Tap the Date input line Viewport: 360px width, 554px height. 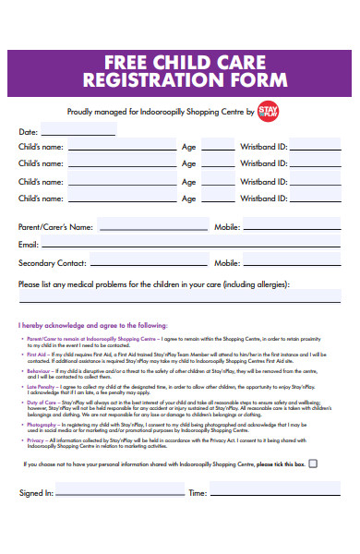pos(78,135)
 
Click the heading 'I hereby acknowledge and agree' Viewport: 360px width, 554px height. pos(92,326)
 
